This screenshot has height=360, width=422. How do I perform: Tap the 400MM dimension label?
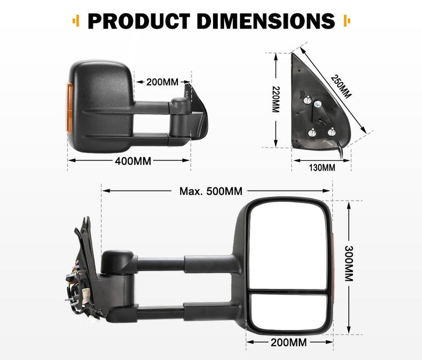133,161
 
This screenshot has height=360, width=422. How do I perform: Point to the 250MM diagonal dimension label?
341,86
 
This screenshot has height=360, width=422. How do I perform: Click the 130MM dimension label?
321,168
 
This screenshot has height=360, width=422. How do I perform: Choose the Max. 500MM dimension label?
211,191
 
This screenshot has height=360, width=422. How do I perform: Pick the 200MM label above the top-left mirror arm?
162,82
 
